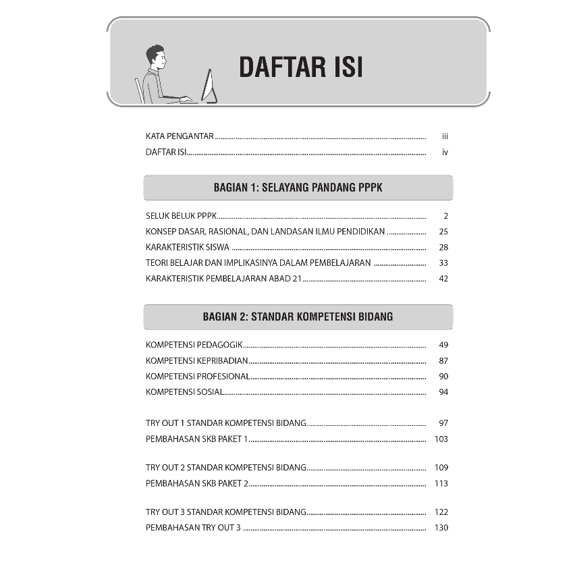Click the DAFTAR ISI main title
301,68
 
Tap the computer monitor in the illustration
210,86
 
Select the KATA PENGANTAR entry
180,136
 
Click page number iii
445,136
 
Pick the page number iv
445,153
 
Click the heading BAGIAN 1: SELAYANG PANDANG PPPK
298,188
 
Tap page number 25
443,232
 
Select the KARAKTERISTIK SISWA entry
188,248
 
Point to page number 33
443,263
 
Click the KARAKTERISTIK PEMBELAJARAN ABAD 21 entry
223,279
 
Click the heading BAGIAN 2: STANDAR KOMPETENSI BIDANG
298,316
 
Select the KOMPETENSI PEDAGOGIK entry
194,345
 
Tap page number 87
443,361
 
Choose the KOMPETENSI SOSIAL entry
184,392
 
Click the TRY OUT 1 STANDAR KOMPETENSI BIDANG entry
226,423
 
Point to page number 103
441,439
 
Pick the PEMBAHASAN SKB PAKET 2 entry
197,483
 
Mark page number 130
441,528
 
